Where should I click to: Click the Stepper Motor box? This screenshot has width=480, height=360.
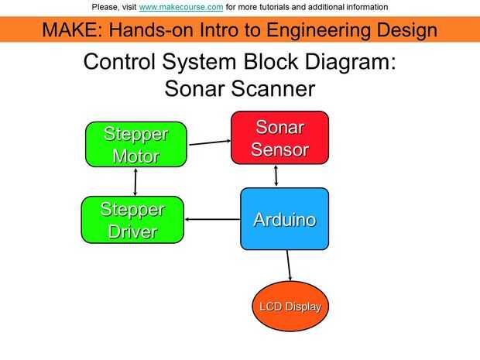click(x=136, y=145)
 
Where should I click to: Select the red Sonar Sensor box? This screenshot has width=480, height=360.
click(x=279, y=138)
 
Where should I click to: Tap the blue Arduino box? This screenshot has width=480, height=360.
click(x=285, y=219)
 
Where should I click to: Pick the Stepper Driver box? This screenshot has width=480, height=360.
click(x=132, y=220)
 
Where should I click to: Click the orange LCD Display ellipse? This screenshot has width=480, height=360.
click(x=290, y=307)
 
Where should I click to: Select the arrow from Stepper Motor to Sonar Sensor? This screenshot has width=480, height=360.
click(x=210, y=142)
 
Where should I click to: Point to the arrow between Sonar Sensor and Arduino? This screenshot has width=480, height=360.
click(x=276, y=176)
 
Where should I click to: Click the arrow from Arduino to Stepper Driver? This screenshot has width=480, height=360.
click(x=213, y=219)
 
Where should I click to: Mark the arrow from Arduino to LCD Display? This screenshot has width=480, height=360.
click(x=289, y=266)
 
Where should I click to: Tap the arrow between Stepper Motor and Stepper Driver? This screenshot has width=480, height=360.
click(x=135, y=182)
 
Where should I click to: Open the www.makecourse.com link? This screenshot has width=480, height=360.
click(x=181, y=7)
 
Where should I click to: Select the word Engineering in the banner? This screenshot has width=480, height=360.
click(x=317, y=31)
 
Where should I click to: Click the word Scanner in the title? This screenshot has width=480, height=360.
click(x=273, y=89)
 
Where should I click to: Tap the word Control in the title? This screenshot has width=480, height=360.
click(x=119, y=61)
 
